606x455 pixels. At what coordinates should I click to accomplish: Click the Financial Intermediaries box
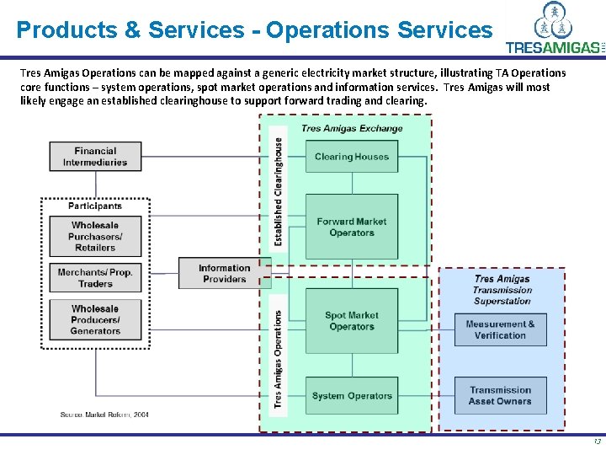pos(95,157)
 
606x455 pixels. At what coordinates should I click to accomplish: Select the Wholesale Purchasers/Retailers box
pos(95,237)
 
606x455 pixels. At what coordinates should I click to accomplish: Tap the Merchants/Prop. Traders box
pos(95,278)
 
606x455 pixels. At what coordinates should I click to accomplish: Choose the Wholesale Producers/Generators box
pos(95,320)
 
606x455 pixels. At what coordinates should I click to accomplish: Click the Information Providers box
pos(224,273)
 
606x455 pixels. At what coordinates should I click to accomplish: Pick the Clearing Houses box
pos(351,157)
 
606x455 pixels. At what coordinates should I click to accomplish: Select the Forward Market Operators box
pos(351,227)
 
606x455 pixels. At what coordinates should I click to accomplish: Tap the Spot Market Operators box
pos(351,321)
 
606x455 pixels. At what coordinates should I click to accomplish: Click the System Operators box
pos(351,396)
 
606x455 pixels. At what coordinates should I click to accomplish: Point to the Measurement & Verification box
pos(501,329)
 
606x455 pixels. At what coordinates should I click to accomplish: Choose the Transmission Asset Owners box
pos(501,395)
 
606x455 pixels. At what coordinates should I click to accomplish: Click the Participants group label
pos(95,206)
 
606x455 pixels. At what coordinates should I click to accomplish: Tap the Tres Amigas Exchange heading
pos(352,129)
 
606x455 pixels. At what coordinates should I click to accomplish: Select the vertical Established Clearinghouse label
pos(279,191)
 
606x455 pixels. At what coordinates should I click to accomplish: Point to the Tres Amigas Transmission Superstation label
pos(502,290)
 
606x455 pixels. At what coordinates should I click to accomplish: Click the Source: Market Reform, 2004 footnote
pos(105,415)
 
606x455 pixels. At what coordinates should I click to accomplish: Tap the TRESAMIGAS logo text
pos(551,48)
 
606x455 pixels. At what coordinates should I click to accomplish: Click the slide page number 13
pos(596,442)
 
